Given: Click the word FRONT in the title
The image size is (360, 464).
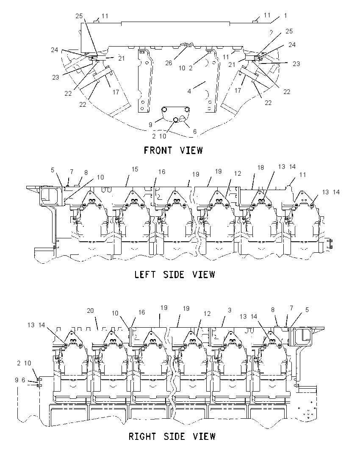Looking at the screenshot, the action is pyautogui.click(x=158, y=150).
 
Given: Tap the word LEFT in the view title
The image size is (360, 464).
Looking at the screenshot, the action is pyautogui.click(x=145, y=274).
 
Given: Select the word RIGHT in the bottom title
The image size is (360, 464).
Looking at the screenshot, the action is pyautogui.click(x=142, y=436).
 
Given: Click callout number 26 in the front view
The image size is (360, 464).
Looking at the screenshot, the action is pyautogui.click(x=169, y=63).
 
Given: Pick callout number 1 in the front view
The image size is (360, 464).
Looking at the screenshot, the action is pyautogui.click(x=285, y=15).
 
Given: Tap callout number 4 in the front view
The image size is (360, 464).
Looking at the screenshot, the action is pyautogui.click(x=189, y=91).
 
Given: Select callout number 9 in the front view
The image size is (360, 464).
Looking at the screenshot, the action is pyautogui.click(x=150, y=124).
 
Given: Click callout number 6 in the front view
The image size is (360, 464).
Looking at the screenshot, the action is pyautogui.click(x=194, y=131).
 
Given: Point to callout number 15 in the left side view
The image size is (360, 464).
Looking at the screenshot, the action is pyautogui.click(x=135, y=169).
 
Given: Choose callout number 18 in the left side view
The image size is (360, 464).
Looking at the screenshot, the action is pyautogui.click(x=260, y=168).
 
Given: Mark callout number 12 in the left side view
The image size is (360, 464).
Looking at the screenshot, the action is pyautogui.click(x=238, y=174).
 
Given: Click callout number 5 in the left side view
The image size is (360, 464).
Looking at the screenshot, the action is pyautogui.click(x=53, y=170).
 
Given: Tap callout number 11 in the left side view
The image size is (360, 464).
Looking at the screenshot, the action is pyautogui.click(x=302, y=175).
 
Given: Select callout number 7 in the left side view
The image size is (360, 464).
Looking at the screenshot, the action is pyautogui.click(x=71, y=171).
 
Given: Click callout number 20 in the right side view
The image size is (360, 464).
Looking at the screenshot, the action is pyautogui.click(x=90, y=310).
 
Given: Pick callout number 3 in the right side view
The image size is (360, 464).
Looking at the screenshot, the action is pyautogui.click(x=230, y=310).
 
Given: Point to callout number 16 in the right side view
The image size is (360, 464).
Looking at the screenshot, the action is pyautogui.click(x=141, y=312).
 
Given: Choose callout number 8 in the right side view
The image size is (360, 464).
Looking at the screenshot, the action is pyautogui.click(x=273, y=310).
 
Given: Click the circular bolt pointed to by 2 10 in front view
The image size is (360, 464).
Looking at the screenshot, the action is pyautogui.click(x=176, y=119).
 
